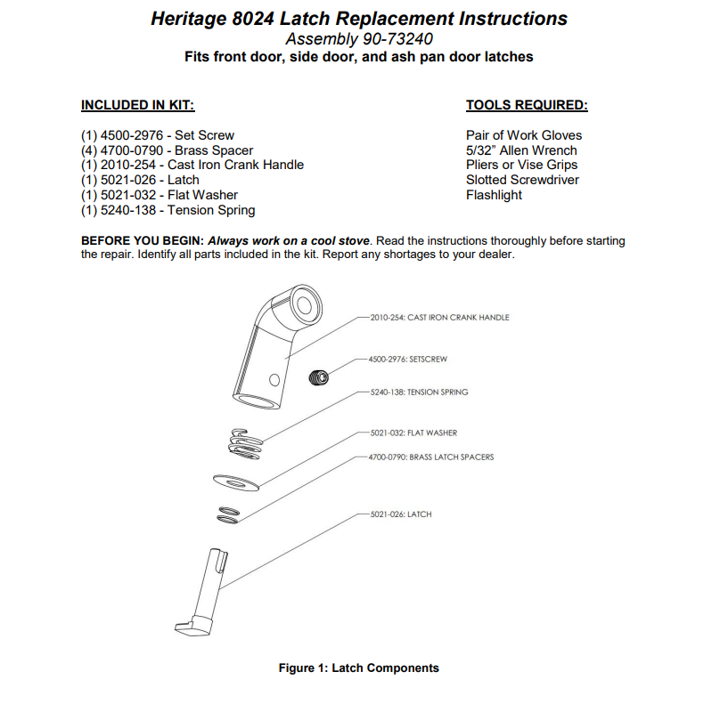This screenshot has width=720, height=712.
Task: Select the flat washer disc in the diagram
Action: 236,482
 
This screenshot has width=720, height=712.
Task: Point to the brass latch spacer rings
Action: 228,515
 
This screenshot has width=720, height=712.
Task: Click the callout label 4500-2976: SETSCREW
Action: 407,359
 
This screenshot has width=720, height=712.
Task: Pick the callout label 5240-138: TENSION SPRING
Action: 418,392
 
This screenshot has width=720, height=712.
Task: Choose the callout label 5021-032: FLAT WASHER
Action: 413,433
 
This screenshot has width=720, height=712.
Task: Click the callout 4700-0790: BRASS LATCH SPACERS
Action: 430,457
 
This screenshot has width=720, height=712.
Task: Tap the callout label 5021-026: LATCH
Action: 399,514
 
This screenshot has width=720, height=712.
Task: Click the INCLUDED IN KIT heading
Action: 137,105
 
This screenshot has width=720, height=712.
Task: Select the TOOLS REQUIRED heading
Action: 527,105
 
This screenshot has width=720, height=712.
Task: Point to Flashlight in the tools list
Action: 494,195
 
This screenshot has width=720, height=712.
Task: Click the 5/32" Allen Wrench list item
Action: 521,150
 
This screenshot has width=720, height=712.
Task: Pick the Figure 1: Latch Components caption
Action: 359,667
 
